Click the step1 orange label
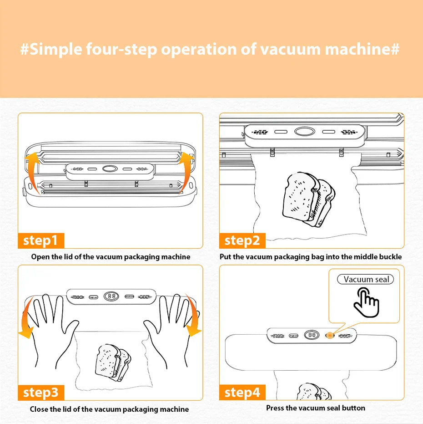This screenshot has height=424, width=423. [x=40, y=240]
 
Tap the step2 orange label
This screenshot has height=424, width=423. [x=242, y=240]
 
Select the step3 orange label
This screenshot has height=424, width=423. [x=40, y=392]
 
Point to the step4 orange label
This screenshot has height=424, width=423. [x=242, y=392]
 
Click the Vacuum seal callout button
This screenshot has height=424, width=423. [x=366, y=279]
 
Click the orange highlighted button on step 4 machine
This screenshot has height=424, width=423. [x=329, y=336]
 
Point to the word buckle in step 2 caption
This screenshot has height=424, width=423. [x=390, y=257]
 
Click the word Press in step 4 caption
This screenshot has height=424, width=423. [x=276, y=408]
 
